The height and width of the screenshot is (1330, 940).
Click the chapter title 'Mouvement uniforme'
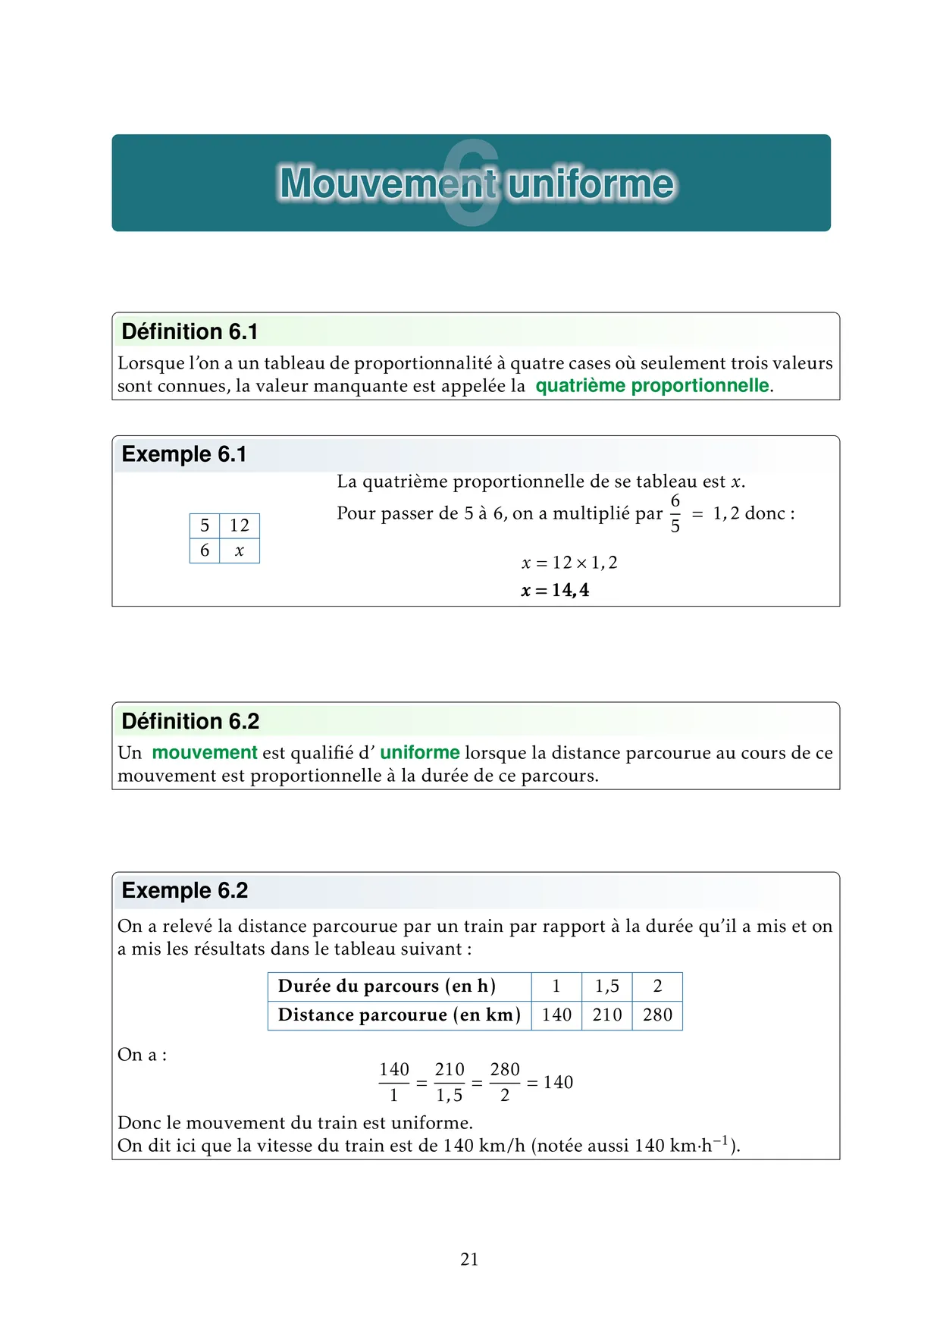(476, 184)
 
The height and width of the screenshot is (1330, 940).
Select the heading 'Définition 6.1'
(190, 331)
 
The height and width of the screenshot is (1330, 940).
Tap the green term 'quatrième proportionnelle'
(652, 386)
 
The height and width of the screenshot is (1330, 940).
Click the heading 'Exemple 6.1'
(184, 454)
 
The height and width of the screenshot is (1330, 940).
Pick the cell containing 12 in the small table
(240, 525)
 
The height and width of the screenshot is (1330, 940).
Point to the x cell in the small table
(240, 551)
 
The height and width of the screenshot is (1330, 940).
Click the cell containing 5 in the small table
(205, 525)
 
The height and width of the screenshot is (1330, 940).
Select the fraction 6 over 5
(675, 513)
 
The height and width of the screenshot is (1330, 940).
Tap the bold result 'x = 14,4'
(555, 590)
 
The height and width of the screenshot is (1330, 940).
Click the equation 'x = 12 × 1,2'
(569, 563)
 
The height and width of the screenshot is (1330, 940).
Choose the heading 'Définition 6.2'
(190, 721)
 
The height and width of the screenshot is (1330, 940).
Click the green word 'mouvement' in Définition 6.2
(205, 753)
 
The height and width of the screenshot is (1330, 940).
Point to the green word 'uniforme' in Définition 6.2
(420, 753)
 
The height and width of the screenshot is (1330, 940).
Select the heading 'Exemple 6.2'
(185, 890)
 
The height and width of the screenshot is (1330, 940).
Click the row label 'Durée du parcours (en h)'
(387, 986)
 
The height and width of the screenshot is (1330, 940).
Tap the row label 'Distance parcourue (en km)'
(399, 1015)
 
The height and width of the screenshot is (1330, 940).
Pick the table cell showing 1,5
(606, 986)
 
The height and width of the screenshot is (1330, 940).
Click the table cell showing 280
(657, 1015)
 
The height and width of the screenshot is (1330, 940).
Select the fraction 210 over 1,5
(450, 1082)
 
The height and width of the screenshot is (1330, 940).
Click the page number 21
(469, 1259)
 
